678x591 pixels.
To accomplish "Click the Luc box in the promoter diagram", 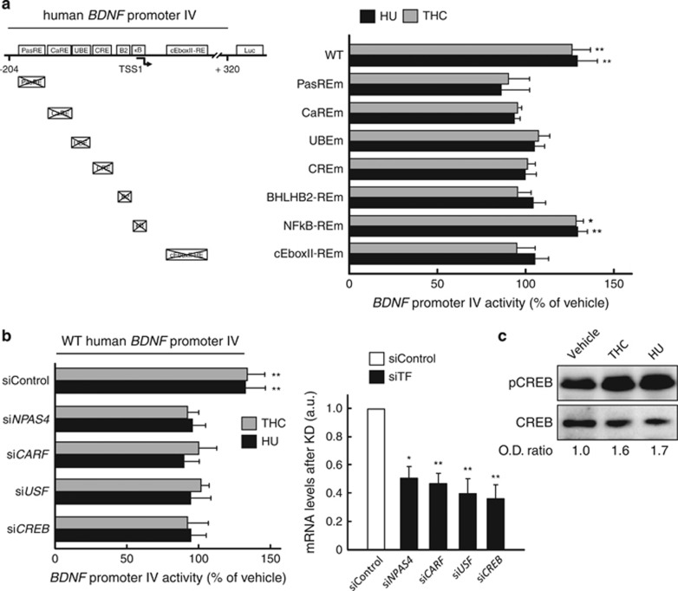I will [251, 51].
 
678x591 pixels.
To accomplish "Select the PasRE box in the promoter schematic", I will [33, 51].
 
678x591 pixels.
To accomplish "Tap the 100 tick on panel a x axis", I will [525, 283].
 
